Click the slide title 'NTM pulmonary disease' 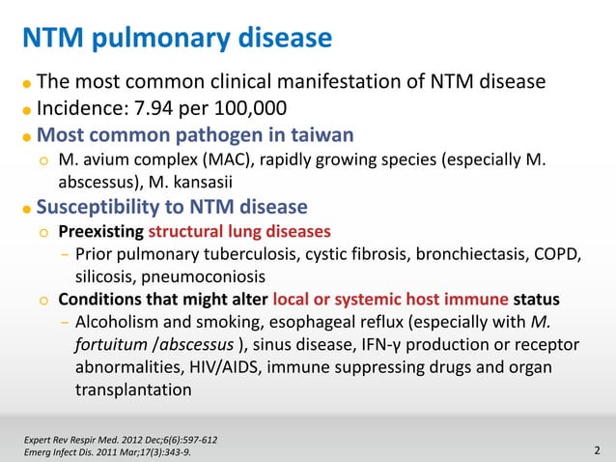pos(178,39)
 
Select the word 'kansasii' pos(231,181)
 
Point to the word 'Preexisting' pos(99,232)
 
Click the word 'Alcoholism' pos(119,321)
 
